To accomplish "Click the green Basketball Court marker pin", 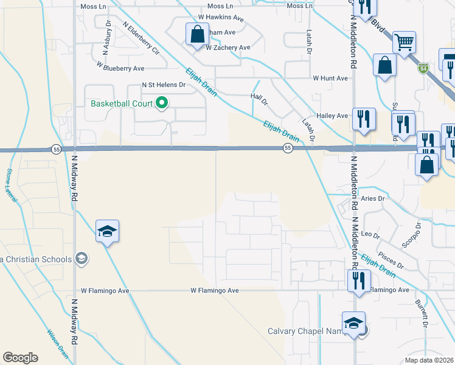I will tap(162, 103).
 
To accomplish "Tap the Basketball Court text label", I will tap(122, 103).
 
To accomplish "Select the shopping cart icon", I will tap(404, 43).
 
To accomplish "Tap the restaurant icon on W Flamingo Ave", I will tap(358, 280).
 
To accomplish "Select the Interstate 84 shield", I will tap(423, 69).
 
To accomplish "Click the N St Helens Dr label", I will tap(163, 85).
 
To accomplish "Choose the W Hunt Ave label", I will tap(330, 78).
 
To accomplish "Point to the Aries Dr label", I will tap(373, 199).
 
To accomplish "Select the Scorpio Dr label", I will tap(411, 234).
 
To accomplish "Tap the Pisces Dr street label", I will tap(391, 260).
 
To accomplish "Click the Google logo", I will tap(20, 358).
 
